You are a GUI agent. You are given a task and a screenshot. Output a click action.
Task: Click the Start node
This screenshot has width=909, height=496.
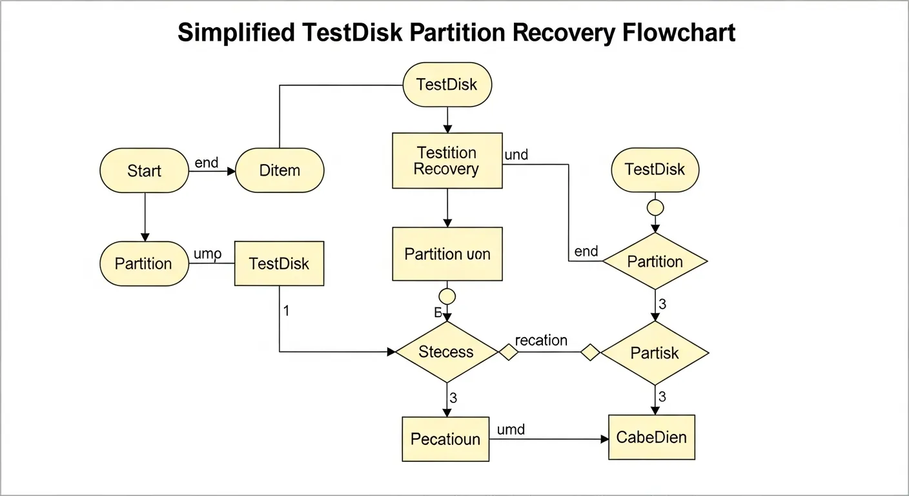pyautogui.click(x=144, y=170)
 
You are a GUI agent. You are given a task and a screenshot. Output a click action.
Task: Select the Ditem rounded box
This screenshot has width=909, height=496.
pyautogui.click(x=280, y=170)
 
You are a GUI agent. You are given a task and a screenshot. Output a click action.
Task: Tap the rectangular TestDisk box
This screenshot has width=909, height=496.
pyautogui.click(x=279, y=263)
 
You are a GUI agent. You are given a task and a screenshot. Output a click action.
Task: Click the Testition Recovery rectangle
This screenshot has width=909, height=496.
pyautogui.click(x=447, y=161)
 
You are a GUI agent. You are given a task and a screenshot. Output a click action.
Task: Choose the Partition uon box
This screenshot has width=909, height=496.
pyautogui.click(x=447, y=254)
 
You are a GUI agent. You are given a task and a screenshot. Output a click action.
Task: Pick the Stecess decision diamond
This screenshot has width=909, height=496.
pyautogui.click(x=447, y=352)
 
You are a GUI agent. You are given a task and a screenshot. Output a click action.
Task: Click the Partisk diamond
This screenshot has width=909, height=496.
pyautogui.click(x=655, y=353)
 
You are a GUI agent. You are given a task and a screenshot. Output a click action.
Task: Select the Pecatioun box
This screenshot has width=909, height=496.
pyautogui.click(x=445, y=439)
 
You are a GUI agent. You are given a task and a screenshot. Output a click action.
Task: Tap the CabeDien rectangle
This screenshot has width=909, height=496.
pyautogui.click(x=651, y=437)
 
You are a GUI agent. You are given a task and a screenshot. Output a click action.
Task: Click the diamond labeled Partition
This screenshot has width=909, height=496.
pyautogui.click(x=655, y=262)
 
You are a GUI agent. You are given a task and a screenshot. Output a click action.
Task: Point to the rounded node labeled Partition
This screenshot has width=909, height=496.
pyautogui.click(x=144, y=263)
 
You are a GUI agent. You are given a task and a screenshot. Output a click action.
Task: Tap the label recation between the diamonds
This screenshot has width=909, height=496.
pyautogui.click(x=541, y=340)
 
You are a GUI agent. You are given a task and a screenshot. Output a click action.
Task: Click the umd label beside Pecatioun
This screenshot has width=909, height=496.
pyautogui.click(x=511, y=429)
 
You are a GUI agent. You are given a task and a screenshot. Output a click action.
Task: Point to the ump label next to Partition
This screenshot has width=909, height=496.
pyautogui.click(x=207, y=254)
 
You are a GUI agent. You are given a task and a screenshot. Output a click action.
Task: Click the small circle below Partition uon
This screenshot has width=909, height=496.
pyautogui.click(x=447, y=296)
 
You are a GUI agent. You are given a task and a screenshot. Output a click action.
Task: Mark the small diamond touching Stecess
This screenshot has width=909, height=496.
pyautogui.click(x=508, y=353)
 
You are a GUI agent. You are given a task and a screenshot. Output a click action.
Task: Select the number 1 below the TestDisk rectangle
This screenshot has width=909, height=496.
pyautogui.click(x=286, y=311)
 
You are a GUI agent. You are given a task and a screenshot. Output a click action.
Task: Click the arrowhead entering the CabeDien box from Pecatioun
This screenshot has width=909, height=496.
pyautogui.click(x=604, y=439)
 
